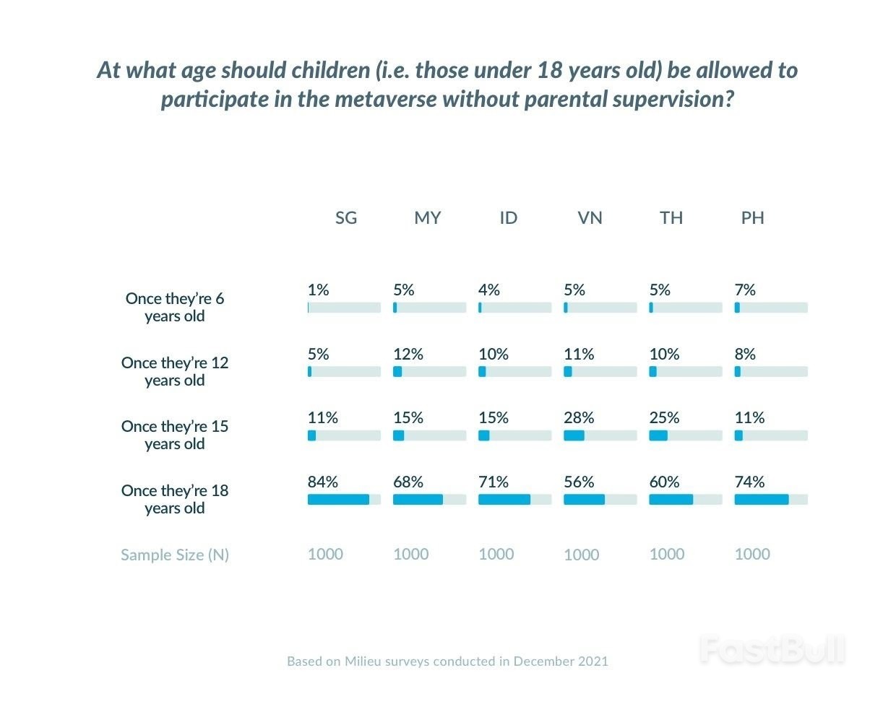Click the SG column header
click(346, 218)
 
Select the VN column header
click(590, 218)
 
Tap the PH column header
click(752, 218)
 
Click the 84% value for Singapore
click(322, 482)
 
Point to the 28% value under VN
click(579, 418)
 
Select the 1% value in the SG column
click(318, 290)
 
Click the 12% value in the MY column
click(408, 355)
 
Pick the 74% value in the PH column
click(749, 482)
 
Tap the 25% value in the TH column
click(664, 418)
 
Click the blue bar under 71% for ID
click(504, 500)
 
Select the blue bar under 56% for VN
click(584, 500)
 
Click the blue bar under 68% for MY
click(418, 500)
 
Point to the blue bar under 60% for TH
click(671, 500)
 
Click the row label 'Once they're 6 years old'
click(175, 308)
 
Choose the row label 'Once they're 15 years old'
click(175, 435)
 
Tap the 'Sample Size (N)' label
click(175, 555)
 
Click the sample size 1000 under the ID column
click(496, 555)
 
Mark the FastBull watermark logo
click(772, 650)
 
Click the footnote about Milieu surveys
click(447, 661)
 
